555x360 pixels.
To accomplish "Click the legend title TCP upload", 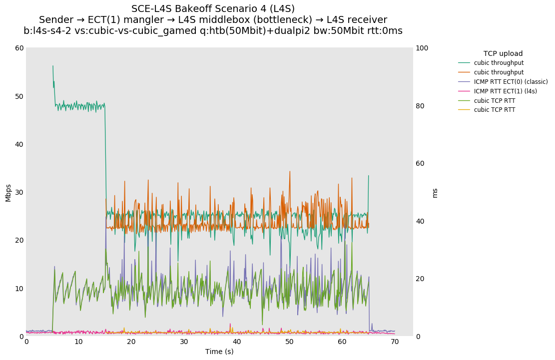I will coord(503,53).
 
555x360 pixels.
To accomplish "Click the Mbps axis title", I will coord(8,192).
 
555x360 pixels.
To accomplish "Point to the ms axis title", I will coord(435,192).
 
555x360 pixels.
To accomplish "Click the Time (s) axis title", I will coord(219,352).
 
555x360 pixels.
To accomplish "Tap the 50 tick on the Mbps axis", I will coord(19,96).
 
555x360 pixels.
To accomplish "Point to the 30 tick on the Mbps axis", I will coord(19,192).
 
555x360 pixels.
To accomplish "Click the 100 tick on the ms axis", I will coord(422,48).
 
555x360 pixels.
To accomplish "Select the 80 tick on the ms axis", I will coord(420,106).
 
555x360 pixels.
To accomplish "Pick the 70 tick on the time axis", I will coord(395,342).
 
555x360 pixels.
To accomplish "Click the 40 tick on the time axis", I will coord(237,342).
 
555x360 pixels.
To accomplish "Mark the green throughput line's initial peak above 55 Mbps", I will coord(53,66).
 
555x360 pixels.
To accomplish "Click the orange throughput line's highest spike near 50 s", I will coord(289,172).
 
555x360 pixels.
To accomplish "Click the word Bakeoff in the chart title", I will coord(192,9).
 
